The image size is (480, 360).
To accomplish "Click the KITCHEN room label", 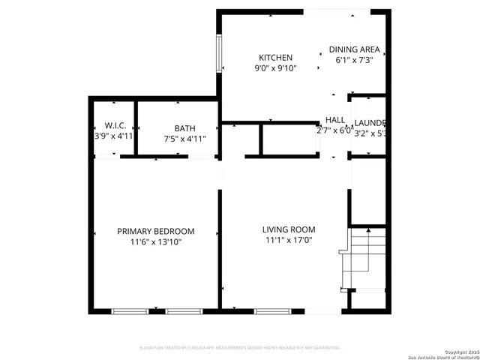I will [x=275, y=58].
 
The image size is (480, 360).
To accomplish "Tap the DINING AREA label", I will [x=354, y=50].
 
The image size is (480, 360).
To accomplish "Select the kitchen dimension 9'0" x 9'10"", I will [x=275, y=68].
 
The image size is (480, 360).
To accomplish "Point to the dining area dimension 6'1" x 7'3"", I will [x=354, y=60].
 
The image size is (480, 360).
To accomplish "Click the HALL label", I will [x=335, y=120].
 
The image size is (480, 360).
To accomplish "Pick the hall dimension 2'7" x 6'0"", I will [x=334, y=130].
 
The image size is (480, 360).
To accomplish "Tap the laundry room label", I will [x=370, y=123].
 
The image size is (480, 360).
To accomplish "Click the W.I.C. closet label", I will [x=114, y=126].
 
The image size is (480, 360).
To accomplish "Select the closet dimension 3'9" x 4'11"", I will [x=114, y=136].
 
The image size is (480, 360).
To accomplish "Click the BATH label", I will [x=184, y=128].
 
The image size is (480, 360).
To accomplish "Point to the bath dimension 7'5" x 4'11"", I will [x=184, y=139].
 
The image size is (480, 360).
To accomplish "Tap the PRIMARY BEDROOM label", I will [x=155, y=231].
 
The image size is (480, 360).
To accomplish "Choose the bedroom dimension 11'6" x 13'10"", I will [x=155, y=242].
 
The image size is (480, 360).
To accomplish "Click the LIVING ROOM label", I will [x=288, y=229].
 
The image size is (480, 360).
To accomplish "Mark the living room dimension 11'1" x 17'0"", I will [x=288, y=241].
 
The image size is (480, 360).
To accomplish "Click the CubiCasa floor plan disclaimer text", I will [x=240, y=348].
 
